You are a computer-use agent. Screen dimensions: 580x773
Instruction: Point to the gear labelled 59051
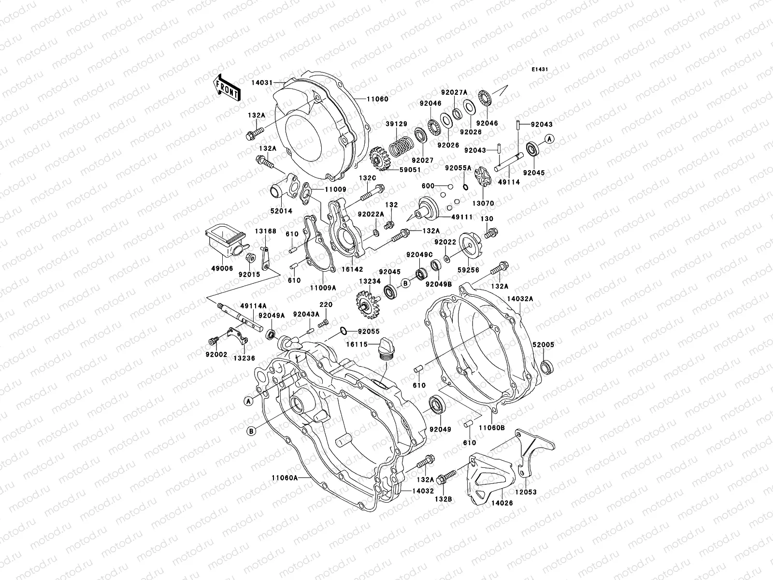pos(380,159)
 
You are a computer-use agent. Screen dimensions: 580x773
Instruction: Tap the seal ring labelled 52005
pos(547,367)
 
